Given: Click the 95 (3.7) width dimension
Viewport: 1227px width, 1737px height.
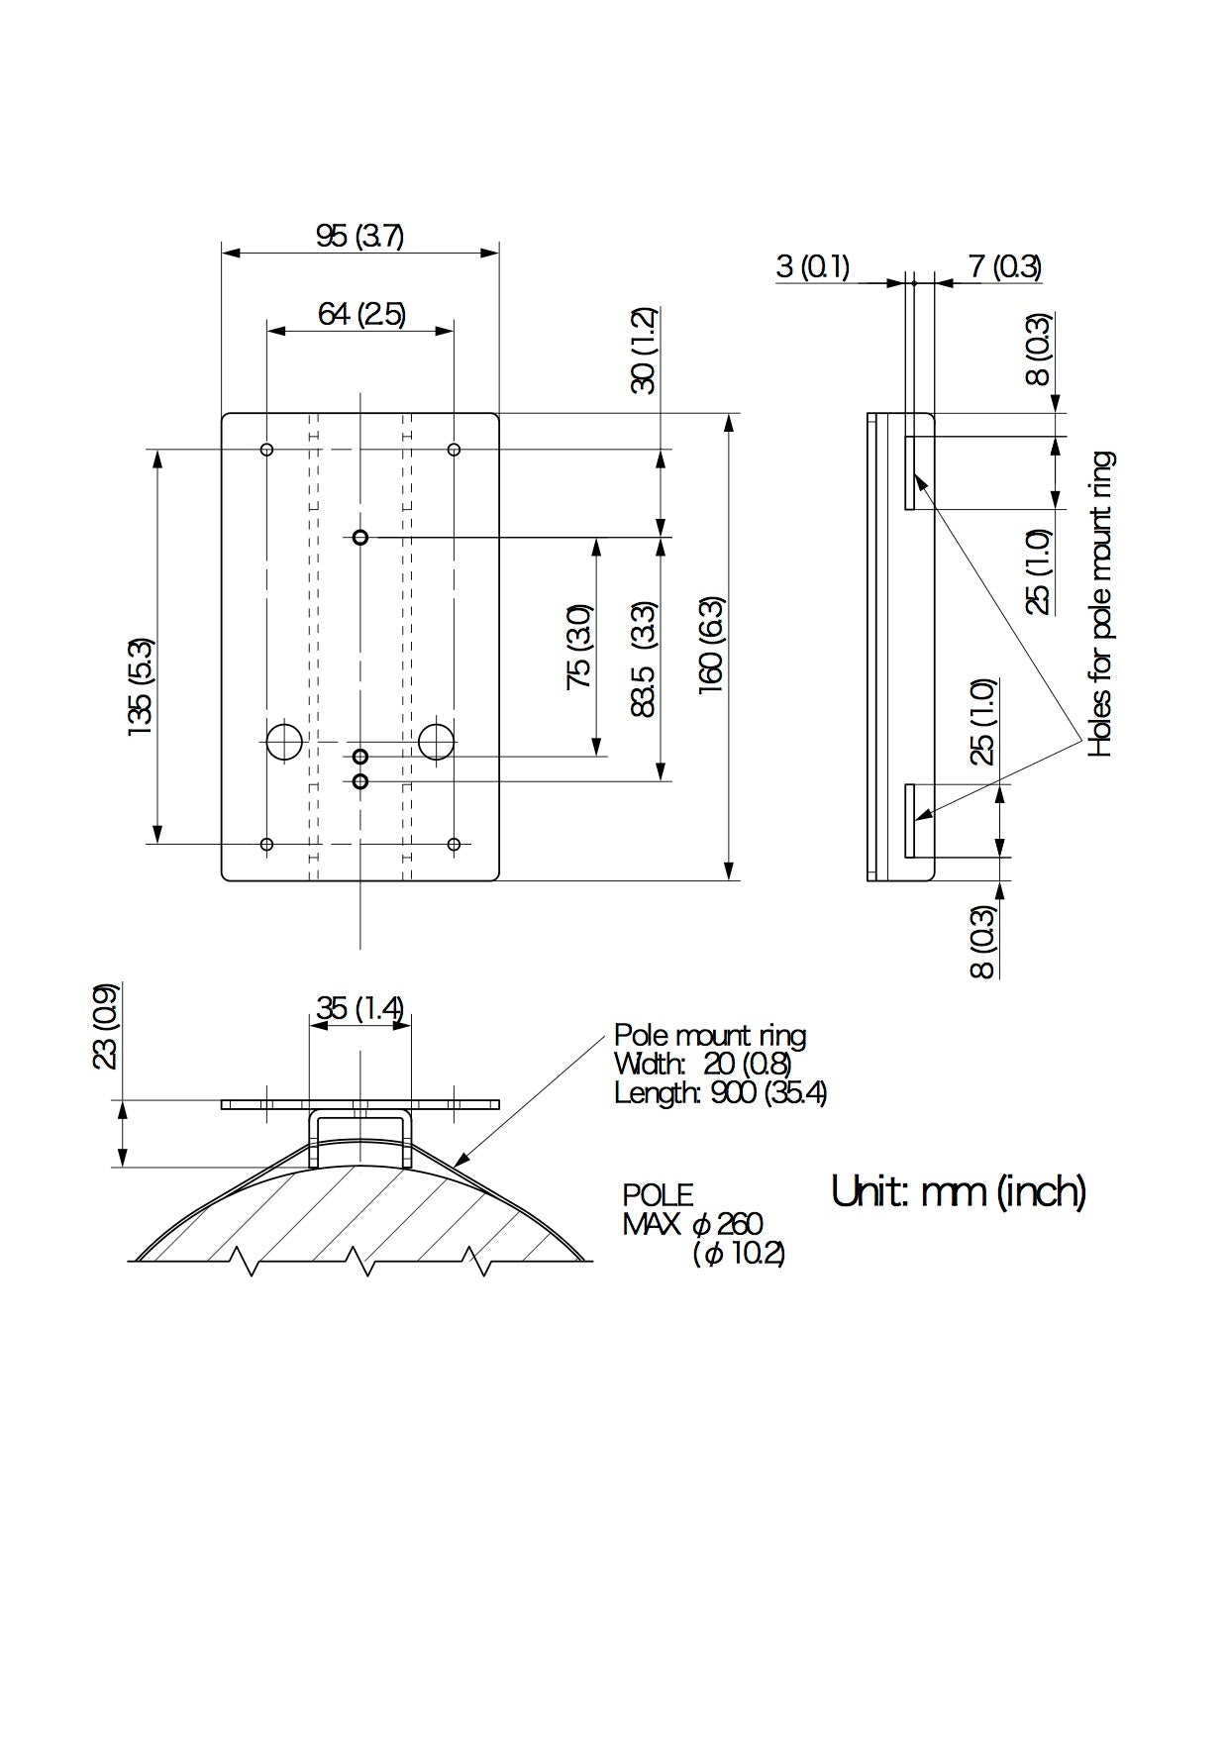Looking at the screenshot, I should (359, 237).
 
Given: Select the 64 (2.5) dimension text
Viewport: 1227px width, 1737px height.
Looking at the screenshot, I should (361, 314).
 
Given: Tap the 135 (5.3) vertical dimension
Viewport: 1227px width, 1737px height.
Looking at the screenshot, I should (141, 686).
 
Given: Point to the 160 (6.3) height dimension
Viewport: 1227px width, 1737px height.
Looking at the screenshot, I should (712, 645).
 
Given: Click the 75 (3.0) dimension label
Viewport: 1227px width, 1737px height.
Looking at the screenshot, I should (579, 646).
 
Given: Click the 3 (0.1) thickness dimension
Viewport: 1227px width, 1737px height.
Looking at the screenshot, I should (812, 266).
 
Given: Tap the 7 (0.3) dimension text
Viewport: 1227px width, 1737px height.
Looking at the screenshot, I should (1004, 266).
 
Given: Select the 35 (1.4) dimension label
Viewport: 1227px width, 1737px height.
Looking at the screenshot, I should (359, 1008).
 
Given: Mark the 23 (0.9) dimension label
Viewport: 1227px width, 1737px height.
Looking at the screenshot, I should (105, 1026).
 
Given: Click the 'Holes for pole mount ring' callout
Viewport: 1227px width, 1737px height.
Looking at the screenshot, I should (1101, 604).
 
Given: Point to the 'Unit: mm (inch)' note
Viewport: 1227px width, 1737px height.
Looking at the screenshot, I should (958, 1191).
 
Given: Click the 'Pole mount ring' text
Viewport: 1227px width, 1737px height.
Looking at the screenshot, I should (709, 1036).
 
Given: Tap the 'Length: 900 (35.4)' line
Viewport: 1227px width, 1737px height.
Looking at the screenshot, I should (720, 1093).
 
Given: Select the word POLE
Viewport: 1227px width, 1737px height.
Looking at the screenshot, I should (658, 1195).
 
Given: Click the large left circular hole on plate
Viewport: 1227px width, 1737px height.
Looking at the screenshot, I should (284, 742).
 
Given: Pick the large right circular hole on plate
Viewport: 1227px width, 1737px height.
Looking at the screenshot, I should (436, 742).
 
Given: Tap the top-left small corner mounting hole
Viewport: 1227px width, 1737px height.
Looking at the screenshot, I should (266, 450).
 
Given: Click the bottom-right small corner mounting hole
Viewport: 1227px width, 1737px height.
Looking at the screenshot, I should (454, 844).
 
